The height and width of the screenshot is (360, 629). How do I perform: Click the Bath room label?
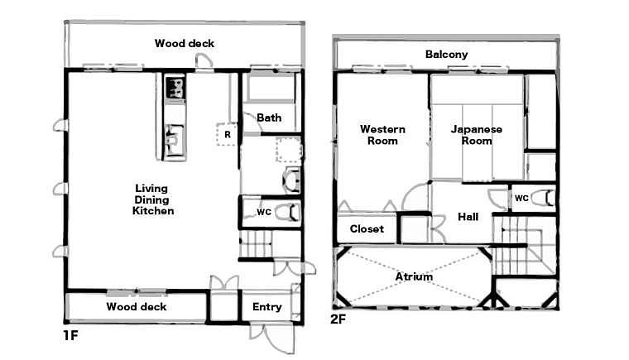(x=269, y=118)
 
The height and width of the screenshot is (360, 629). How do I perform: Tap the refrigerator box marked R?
(x=227, y=134)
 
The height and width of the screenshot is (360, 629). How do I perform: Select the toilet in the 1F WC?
(x=288, y=212)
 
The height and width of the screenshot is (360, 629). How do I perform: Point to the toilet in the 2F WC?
(x=544, y=198)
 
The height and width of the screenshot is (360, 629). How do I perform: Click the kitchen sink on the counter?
(x=175, y=139)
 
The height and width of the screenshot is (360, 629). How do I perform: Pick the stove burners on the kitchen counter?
(x=175, y=89)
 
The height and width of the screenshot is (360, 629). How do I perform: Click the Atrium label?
(x=414, y=276)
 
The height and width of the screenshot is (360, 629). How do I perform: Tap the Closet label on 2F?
(x=367, y=228)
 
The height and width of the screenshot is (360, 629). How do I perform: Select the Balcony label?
(x=446, y=54)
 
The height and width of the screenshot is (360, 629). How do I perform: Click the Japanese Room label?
(x=477, y=135)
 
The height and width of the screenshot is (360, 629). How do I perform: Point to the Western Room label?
(x=382, y=135)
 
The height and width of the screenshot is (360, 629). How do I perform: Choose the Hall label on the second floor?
(x=468, y=217)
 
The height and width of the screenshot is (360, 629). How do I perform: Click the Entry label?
(x=266, y=307)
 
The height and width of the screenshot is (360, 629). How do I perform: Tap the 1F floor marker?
(x=70, y=335)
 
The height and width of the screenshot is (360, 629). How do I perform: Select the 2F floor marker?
(x=338, y=319)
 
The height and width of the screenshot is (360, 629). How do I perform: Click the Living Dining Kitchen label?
(x=153, y=199)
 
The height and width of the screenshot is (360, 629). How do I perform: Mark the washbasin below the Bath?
(x=291, y=180)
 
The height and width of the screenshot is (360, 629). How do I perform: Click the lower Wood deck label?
(x=137, y=307)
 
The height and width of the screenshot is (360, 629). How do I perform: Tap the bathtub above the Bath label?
(x=271, y=86)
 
